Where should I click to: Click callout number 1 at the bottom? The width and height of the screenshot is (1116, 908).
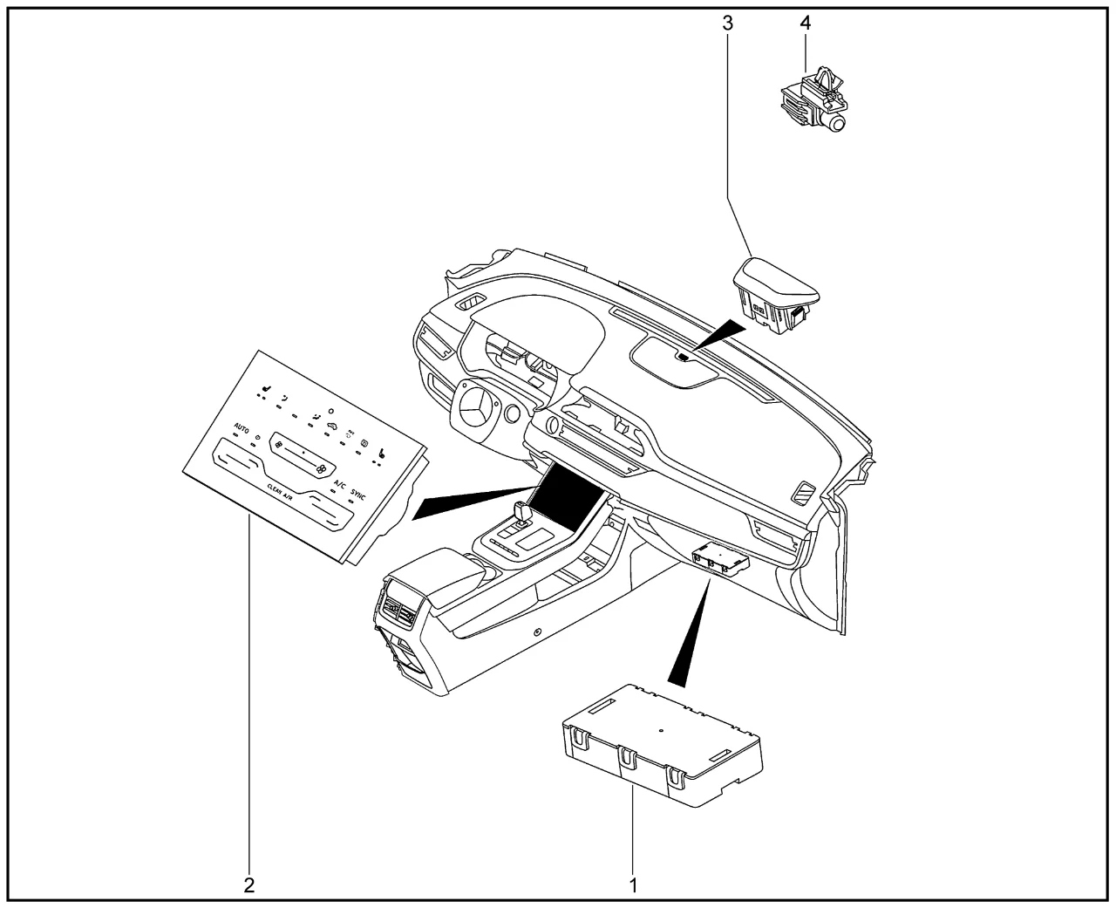coord(634,884)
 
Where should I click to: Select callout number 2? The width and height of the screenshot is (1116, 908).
coord(249,884)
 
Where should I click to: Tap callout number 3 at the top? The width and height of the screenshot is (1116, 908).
coord(728,24)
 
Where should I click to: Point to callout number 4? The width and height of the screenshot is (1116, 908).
coord(806,24)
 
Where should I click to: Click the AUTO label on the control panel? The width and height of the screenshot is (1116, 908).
coord(242,429)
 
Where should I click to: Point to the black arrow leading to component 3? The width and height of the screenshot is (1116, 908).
coord(719,337)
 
